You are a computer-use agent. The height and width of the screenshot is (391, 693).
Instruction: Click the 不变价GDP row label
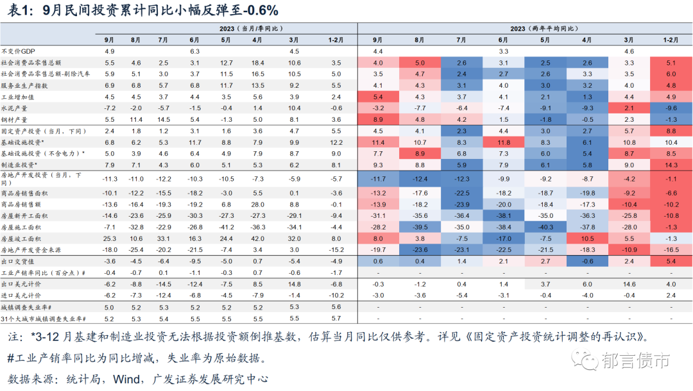(19, 51)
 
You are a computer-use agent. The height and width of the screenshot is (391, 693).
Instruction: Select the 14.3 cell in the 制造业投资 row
(671, 165)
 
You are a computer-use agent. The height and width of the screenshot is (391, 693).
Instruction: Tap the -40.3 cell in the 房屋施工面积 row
(545, 226)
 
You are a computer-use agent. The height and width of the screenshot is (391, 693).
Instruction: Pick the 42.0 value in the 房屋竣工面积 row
(258, 238)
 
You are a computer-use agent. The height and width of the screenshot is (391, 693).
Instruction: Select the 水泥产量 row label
(15, 108)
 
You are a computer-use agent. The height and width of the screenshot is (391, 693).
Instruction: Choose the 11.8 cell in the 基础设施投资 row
(503, 142)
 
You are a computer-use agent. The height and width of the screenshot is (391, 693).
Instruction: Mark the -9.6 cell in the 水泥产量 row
(671, 108)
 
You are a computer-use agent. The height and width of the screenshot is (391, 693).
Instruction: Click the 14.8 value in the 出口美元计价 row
(295, 283)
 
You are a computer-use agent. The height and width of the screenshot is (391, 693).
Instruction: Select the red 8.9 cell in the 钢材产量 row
(378, 120)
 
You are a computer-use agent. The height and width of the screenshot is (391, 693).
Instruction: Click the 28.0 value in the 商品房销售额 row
(258, 204)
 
